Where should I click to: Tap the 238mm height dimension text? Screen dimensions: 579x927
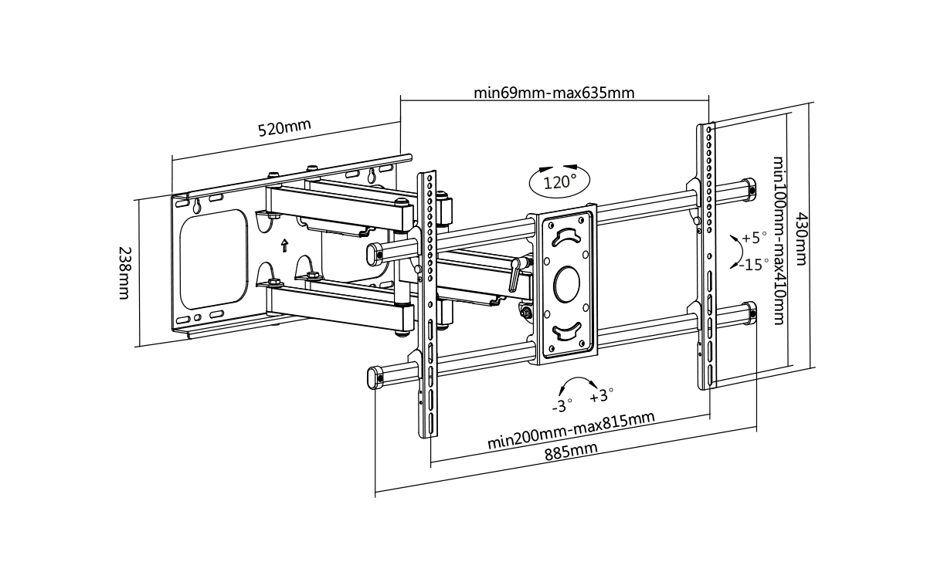tap(123, 274)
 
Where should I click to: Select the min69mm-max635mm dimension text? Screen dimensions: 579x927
tap(554, 93)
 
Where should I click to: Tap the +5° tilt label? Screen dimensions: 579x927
tap(755, 237)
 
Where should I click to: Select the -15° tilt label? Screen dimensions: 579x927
tap(752, 265)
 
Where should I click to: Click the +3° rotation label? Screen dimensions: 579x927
tap(601, 396)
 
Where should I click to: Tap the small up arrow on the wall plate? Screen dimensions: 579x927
tap(284, 245)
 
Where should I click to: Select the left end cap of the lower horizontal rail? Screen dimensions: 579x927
tap(375, 377)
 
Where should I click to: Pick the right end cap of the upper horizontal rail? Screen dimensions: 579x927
tap(748, 188)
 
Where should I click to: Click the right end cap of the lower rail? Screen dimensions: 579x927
tap(748, 313)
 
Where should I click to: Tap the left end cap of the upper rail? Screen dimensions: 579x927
tap(375, 252)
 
